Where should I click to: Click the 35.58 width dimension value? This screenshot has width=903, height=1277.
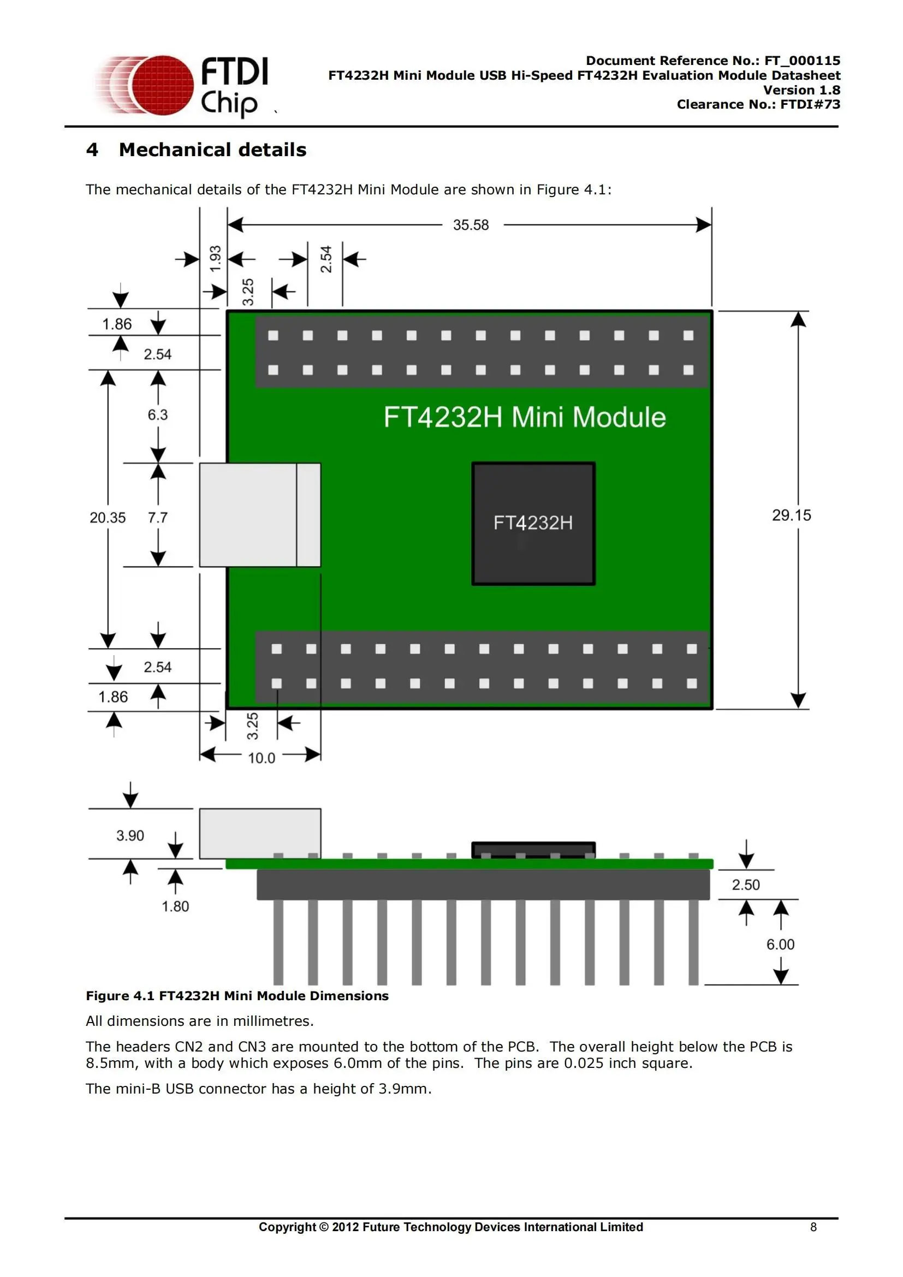[471, 225]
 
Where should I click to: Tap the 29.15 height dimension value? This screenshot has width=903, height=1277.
[791, 515]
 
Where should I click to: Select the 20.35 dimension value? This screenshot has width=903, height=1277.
[108, 518]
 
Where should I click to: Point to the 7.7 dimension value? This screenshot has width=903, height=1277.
[157, 518]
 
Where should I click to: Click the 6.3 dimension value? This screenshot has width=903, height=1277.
[157, 415]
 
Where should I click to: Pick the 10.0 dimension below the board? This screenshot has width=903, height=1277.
[262, 758]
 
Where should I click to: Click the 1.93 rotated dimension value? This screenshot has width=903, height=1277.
[215, 258]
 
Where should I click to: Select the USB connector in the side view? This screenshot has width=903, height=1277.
[259, 833]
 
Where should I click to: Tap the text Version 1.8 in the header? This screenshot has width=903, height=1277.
[801, 90]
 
